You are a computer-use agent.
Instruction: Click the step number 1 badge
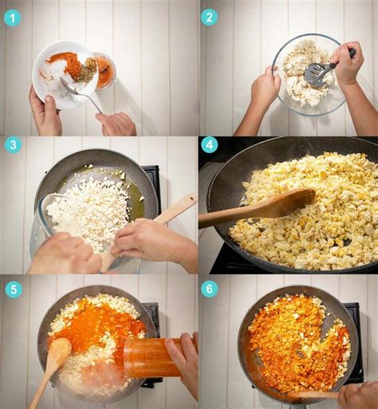click(x=12, y=17)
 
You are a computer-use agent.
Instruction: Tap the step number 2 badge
click(x=209, y=17)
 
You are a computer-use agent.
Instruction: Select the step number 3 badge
click(x=13, y=145)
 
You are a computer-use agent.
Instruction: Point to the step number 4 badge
click(x=209, y=145)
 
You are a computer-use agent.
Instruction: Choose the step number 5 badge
click(x=13, y=289)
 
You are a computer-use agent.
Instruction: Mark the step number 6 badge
click(x=209, y=289)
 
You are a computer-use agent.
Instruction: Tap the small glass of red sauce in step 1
click(x=105, y=72)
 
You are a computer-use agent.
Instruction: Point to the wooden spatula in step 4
click(x=255, y=210)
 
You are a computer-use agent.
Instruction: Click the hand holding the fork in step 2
click(x=348, y=64)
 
